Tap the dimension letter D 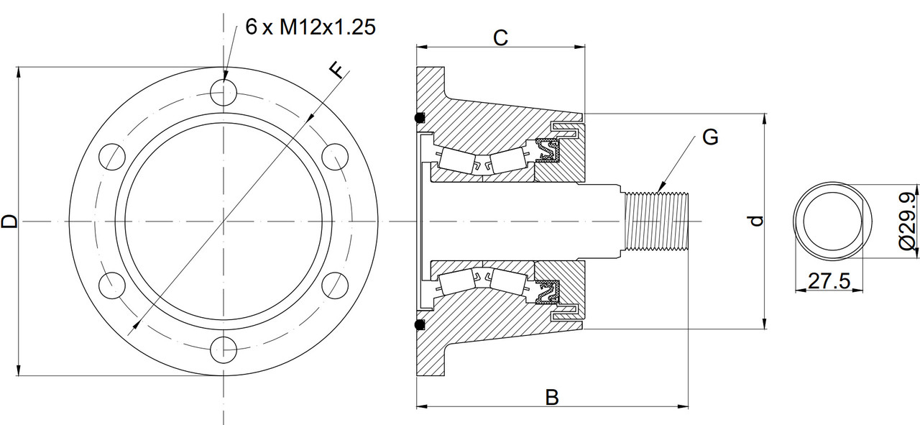pyautogui.click(x=9, y=221)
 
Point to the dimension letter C pyautogui.click(x=500, y=38)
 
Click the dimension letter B pyautogui.click(x=551, y=396)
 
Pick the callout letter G pyautogui.click(x=710, y=137)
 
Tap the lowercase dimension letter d pyautogui.click(x=755, y=221)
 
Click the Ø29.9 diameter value pyautogui.click(x=908, y=221)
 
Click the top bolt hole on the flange pyautogui.click(x=224, y=92)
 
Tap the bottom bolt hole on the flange pyautogui.click(x=224, y=352)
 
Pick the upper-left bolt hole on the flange pyautogui.click(x=112, y=157)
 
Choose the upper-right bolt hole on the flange pyautogui.click(x=336, y=157)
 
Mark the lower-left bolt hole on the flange pyautogui.click(x=112, y=286)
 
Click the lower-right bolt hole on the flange pyautogui.click(x=336, y=286)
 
